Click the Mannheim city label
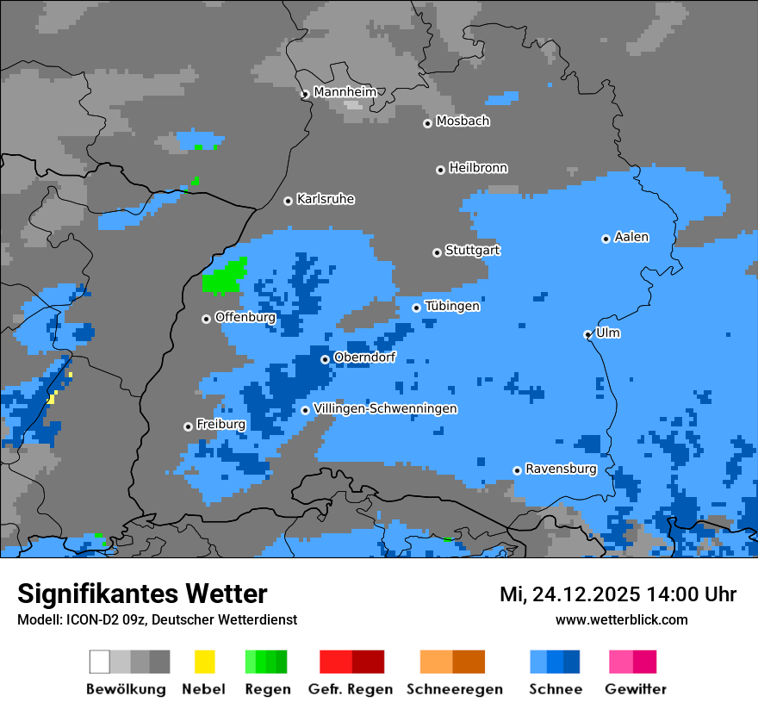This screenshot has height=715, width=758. (345, 92)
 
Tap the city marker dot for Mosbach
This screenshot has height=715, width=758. (427, 123)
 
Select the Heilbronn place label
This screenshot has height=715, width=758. (478, 168)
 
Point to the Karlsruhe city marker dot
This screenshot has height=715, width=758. (288, 201)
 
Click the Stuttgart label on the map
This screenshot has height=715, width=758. (472, 251)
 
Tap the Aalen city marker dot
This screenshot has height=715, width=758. (606, 239)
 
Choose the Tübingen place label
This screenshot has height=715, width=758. (452, 307)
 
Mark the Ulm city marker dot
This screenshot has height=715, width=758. (587, 334)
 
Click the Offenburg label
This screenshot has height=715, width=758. (245, 317)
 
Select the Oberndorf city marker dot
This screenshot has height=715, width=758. (325, 359)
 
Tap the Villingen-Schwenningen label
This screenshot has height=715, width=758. (385, 408)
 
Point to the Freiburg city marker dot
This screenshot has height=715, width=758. (188, 426)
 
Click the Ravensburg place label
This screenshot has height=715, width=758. (561, 469)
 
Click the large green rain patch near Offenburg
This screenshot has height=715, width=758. (224, 278)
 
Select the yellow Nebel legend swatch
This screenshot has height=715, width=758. (204, 662)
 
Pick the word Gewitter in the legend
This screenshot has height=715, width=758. (635, 689)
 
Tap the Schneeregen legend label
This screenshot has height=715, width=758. (454, 689)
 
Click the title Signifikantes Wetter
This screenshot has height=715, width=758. (142, 594)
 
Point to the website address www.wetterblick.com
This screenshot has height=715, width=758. (621, 619)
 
